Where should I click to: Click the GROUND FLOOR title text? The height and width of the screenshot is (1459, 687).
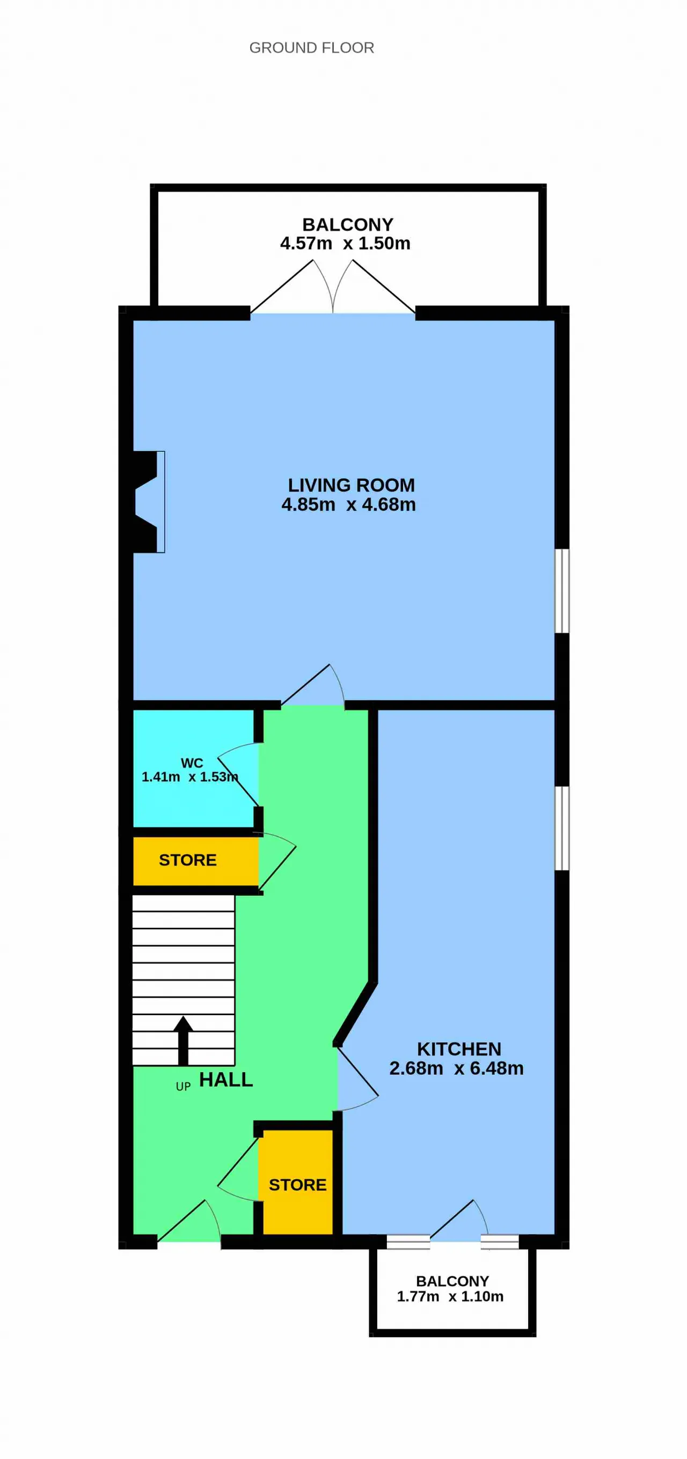(311, 48)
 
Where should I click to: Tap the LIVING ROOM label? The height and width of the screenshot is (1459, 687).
(351, 486)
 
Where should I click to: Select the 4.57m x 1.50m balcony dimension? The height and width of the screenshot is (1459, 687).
(345, 244)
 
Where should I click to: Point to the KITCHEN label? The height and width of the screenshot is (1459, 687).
(459, 1049)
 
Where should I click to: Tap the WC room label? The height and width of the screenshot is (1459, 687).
(192, 763)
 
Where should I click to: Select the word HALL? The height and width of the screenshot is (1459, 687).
(226, 1080)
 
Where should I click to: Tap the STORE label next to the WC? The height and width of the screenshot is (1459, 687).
(187, 860)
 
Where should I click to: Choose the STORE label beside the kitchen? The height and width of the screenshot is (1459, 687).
(297, 1185)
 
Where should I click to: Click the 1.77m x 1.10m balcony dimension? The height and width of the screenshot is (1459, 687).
(450, 1296)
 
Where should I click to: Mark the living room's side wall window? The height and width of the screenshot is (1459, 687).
(562, 590)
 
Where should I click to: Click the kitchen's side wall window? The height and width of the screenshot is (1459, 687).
(562, 827)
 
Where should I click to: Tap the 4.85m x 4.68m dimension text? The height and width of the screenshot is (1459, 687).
(348, 504)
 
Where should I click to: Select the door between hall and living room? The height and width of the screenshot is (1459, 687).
(312, 685)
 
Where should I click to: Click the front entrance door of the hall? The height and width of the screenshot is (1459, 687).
(188, 1221)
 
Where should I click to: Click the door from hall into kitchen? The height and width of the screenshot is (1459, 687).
(357, 1079)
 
